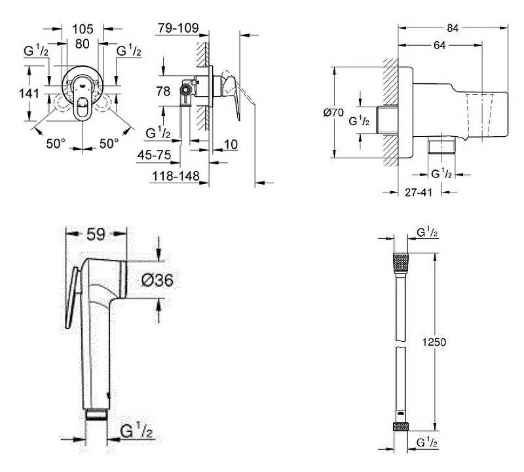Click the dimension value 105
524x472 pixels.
(83, 29)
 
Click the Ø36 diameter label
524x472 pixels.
(157, 280)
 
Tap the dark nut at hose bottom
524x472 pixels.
(399, 427)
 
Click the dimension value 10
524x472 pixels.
(229, 143)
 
